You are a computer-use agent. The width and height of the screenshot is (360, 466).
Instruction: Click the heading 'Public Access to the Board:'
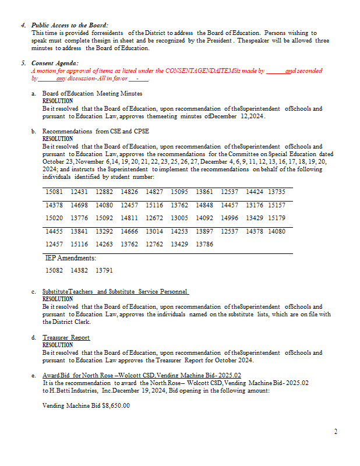(x=69, y=26)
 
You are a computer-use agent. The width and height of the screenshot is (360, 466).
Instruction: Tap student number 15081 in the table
(x=54, y=191)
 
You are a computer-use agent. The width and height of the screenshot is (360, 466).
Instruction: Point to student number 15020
(x=54, y=218)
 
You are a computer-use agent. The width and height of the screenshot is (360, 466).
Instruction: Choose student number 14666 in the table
(x=129, y=231)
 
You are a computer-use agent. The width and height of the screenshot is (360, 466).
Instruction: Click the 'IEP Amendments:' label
(x=70, y=257)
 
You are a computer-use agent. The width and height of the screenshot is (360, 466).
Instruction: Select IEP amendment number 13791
(x=104, y=270)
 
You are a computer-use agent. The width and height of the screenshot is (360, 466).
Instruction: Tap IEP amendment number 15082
(x=54, y=270)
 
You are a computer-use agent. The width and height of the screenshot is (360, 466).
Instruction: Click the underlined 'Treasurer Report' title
(x=66, y=337)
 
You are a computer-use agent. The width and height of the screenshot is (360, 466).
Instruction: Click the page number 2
(x=336, y=432)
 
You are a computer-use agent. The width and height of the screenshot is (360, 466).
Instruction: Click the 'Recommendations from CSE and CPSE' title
(x=96, y=131)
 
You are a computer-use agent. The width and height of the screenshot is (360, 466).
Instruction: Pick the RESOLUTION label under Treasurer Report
(x=58, y=345)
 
